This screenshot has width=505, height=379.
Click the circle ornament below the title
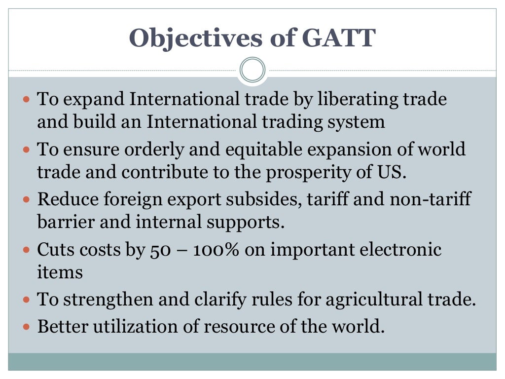pyautogui.click(x=252, y=70)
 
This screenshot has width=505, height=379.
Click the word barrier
pyautogui.click(x=65, y=222)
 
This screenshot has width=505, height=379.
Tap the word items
pyautogui.click(x=60, y=272)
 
